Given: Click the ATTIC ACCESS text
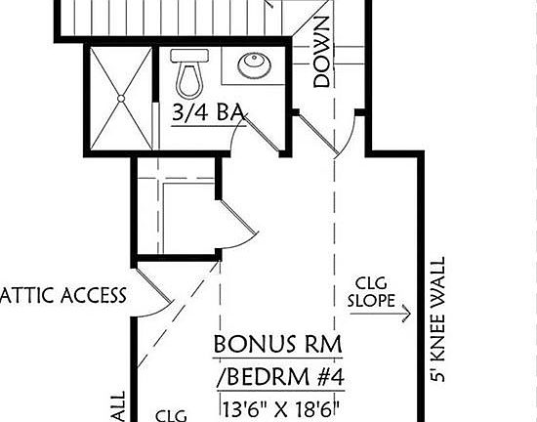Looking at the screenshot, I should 62,295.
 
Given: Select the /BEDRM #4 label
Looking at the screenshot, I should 283,377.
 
